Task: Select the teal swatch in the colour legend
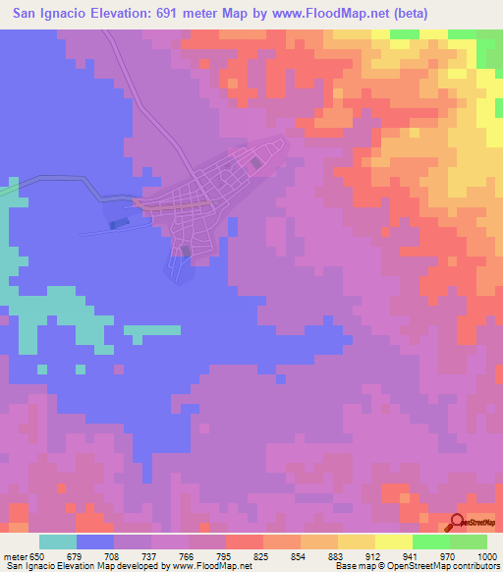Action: (x=58, y=542)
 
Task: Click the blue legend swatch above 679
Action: (x=95, y=542)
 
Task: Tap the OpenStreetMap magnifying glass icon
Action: (x=458, y=522)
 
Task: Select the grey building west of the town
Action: (x=119, y=224)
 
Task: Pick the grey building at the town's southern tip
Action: (x=185, y=252)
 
